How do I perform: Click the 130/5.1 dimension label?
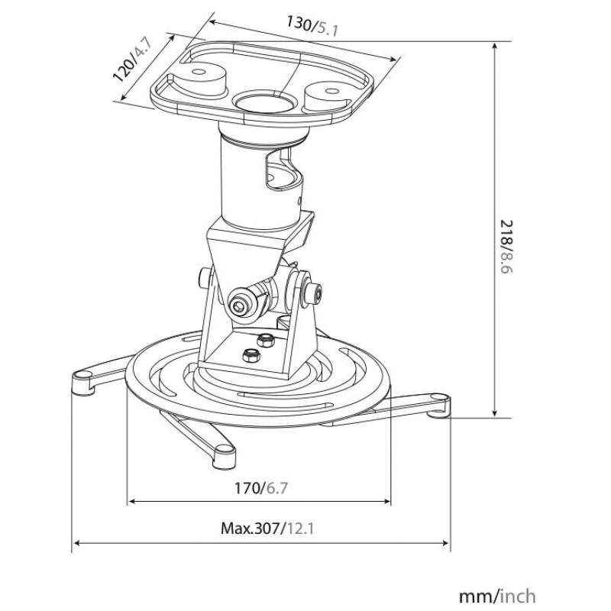[x=312, y=26]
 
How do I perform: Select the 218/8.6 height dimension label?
[x=506, y=247]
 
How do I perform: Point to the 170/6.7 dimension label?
[x=261, y=487]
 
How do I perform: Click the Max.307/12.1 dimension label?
[x=267, y=529]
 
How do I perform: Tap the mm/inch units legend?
[x=497, y=596]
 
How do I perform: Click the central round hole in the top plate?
[x=264, y=102]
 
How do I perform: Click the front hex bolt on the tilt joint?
[x=238, y=305]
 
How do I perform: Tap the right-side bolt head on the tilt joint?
[x=314, y=294]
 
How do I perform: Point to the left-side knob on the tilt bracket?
[x=205, y=278]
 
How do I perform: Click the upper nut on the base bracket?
[x=265, y=340]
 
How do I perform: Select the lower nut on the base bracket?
[x=251, y=354]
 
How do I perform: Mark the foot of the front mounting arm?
[x=225, y=457]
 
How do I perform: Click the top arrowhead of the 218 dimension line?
[x=494, y=46]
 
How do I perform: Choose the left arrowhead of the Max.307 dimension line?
[x=78, y=542]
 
